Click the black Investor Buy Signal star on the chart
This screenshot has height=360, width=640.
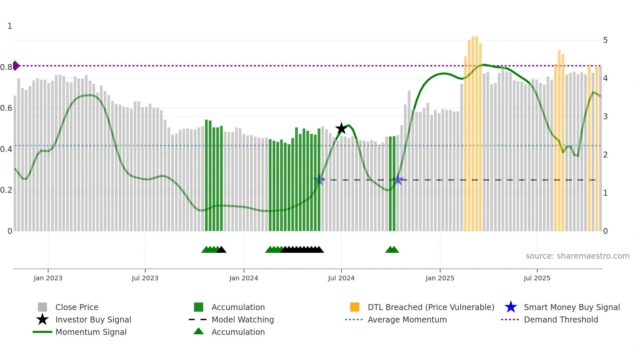(x=341, y=128)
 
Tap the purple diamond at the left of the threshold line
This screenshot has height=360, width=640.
(x=16, y=66)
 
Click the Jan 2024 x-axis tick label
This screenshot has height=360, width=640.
(x=244, y=278)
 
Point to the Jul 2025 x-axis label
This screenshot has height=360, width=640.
(x=537, y=278)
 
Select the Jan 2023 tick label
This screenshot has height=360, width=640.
(x=48, y=278)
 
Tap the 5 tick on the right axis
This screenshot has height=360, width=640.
(x=605, y=40)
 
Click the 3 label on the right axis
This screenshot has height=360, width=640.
(x=605, y=117)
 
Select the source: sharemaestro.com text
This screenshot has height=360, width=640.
(x=577, y=256)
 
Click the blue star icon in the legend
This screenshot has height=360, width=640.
(x=511, y=307)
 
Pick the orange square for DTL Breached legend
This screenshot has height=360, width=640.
(x=355, y=307)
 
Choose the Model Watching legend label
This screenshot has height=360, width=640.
(x=243, y=319)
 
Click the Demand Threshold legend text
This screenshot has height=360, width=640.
(x=561, y=319)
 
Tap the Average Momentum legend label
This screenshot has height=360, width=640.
(x=407, y=319)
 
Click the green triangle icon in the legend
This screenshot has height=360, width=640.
(x=199, y=332)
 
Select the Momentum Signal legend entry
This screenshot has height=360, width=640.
(x=91, y=332)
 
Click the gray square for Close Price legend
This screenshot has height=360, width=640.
(x=42, y=307)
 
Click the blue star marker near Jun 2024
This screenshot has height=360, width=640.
(x=319, y=180)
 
